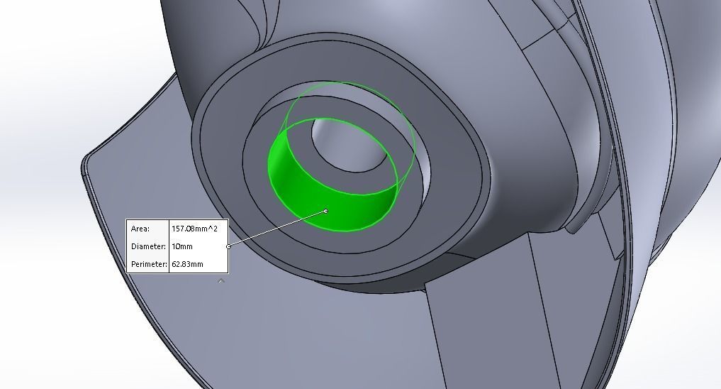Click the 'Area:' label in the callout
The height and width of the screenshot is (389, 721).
(x=140, y=229)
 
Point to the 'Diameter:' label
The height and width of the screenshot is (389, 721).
(x=148, y=246)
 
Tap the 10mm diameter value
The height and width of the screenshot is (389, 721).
(x=182, y=246)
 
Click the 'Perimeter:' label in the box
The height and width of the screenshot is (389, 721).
(x=149, y=264)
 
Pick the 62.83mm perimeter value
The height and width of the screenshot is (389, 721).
(x=188, y=264)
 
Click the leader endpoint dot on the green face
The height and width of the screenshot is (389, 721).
(x=326, y=211)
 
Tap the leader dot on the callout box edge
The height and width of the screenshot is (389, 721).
(x=228, y=246)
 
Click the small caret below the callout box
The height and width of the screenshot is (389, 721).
(x=221, y=281)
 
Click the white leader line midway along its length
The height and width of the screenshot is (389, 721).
(x=277, y=229)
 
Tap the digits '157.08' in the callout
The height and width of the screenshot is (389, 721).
(x=184, y=229)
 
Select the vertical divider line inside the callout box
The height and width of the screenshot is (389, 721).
(x=169, y=246)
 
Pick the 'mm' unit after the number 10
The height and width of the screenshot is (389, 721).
(x=186, y=246)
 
